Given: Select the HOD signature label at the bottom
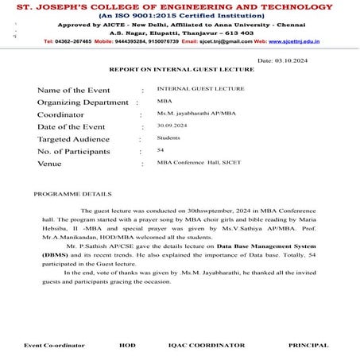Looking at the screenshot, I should pyautogui.click(x=127, y=345).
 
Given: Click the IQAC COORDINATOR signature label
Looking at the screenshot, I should pyautogui.click(x=206, y=345).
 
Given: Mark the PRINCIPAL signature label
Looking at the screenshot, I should pyautogui.click(x=308, y=345).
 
